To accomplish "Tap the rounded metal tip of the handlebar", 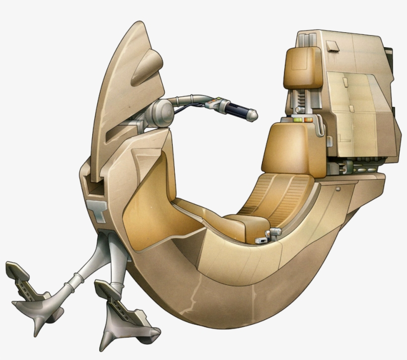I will point(253,116).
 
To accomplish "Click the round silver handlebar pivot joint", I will point(163,112).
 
